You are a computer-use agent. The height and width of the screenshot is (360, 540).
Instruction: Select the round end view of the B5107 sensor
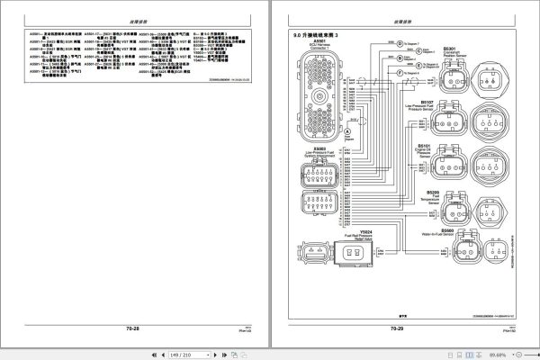pos(499,121)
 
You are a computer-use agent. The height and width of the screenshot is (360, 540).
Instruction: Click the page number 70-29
pos(396,329)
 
